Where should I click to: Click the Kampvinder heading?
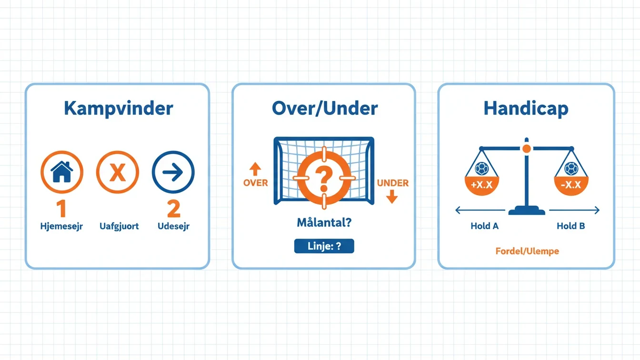tap(118, 109)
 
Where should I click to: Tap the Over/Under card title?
tap(325, 108)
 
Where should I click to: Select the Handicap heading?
tap(526, 109)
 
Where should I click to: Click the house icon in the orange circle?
tap(62, 172)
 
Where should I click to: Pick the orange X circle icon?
tap(118, 172)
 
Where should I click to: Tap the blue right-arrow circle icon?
tap(173, 172)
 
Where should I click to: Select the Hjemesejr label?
tap(61, 226)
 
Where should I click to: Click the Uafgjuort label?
tap(119, 226)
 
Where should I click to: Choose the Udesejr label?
tap(173, 226)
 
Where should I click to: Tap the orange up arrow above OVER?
tap(255, 169)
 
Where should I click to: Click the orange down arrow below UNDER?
tap(392, 197)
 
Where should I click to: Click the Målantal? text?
tap(324, 222)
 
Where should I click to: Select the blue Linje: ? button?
tap(324, 246)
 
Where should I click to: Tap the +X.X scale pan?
tap(482, 186)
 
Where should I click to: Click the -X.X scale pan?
tap(571, 186)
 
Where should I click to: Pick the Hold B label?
tap(571, 226)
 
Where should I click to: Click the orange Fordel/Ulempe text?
tap(527, 251)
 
